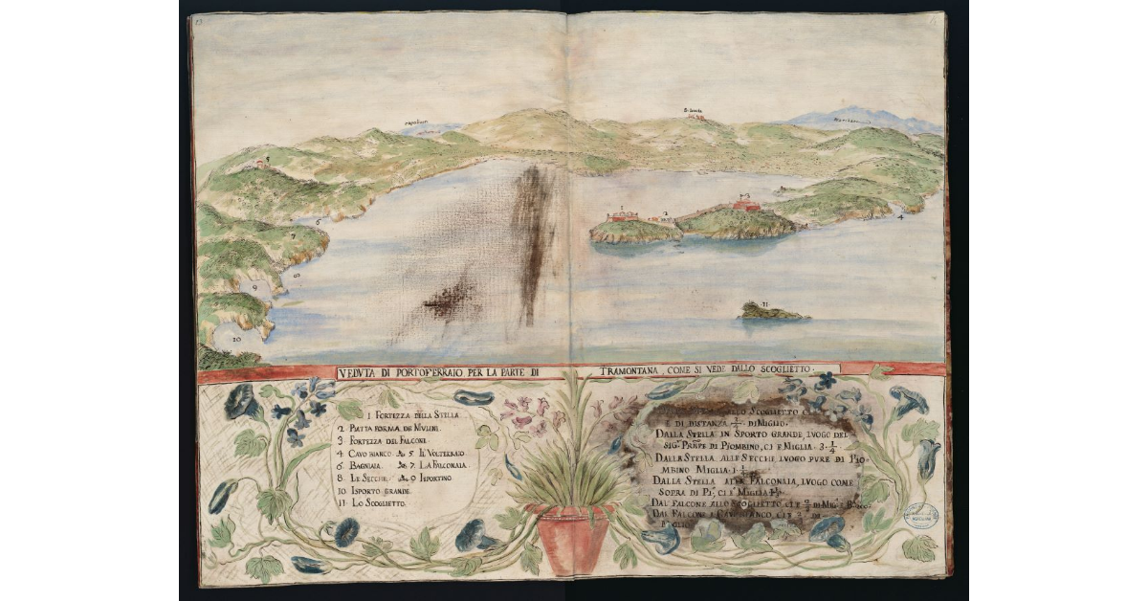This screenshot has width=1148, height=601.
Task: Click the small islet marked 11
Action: click(771, 311)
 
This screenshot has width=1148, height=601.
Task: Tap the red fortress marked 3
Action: click(746, 205)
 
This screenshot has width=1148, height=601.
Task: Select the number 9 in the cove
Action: click(254, 285)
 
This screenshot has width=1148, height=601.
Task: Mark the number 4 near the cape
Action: click(900, 217)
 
